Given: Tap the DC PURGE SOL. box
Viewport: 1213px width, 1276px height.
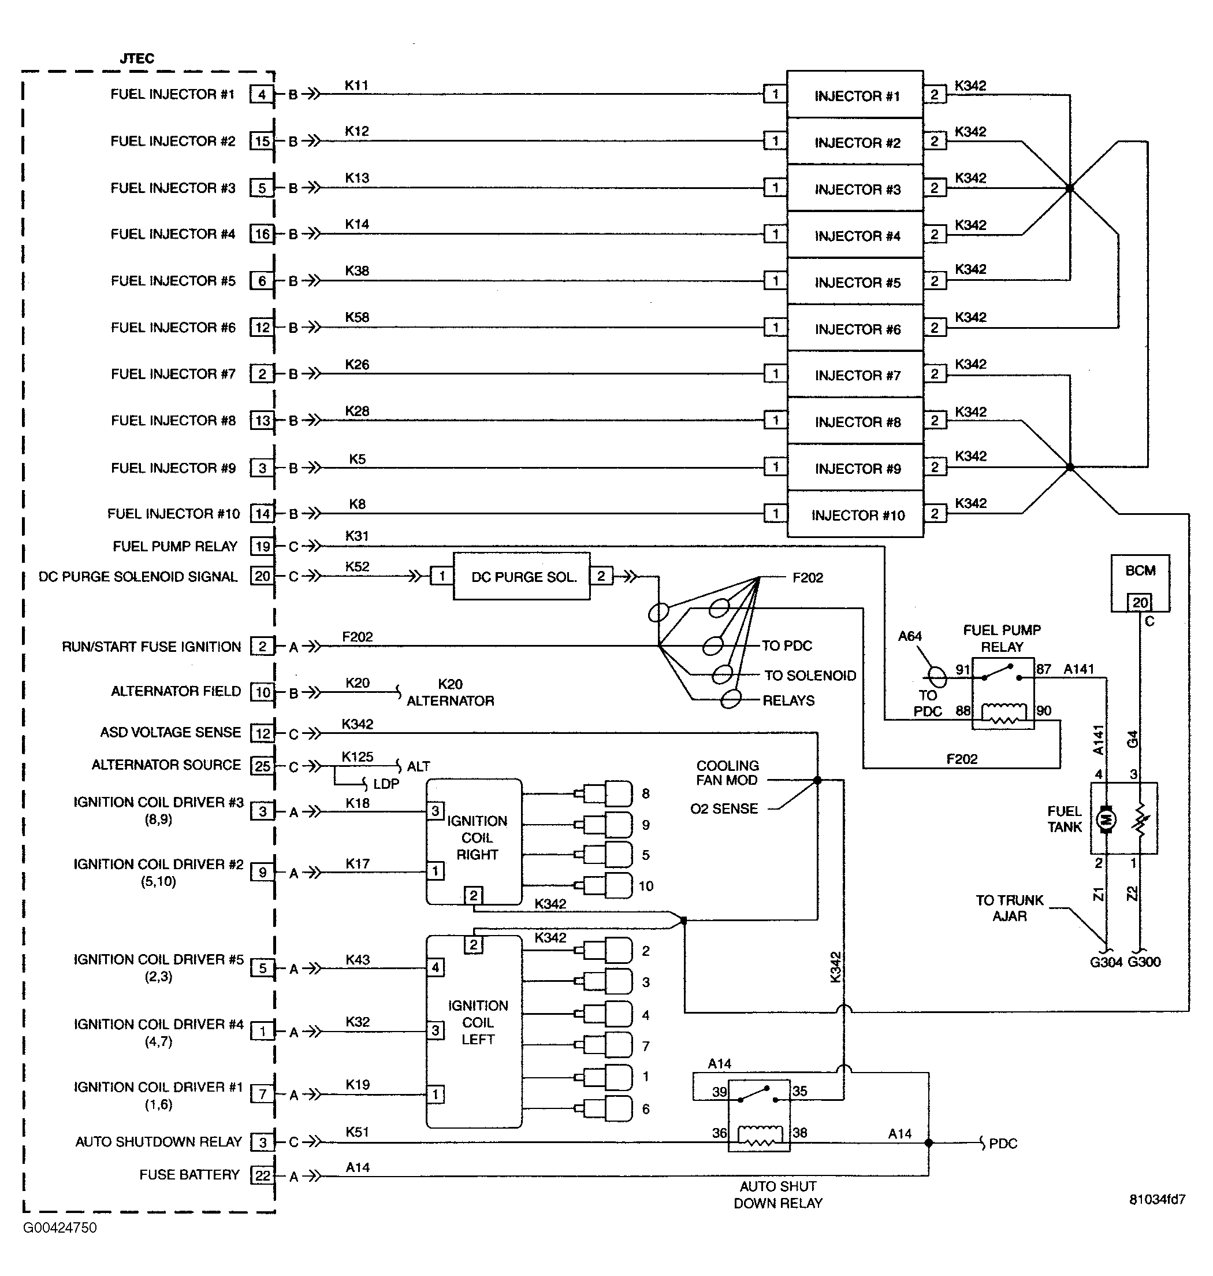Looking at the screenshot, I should tap(521, 577).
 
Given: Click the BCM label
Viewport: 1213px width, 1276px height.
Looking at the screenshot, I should tap(1140, 570).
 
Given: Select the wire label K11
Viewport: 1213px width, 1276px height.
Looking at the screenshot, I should tap(356, 85).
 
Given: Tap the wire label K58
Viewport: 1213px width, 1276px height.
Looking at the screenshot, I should tap(356, 317).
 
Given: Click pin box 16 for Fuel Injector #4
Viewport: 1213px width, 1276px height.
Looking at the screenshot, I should tap(262, 234).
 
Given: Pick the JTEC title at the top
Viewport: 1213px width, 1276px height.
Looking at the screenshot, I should tap(137, 58).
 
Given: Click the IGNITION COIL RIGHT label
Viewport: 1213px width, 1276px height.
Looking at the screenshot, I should tap(477, 837).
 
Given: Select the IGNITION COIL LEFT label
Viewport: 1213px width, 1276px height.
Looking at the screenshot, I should tap(478, 1022).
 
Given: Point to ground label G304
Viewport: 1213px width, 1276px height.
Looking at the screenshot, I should tap(1106, 962).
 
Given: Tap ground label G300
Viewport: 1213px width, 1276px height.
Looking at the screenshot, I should tap(1144, 962).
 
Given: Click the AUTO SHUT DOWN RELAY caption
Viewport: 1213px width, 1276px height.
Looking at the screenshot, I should tap(777, 1195).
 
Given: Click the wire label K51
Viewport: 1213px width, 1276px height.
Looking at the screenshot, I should tap(357, 1132).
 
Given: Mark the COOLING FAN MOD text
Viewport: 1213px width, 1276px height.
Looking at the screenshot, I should tap(727, 773).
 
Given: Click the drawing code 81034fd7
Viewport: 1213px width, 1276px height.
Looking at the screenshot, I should tap(1157, 1199).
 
